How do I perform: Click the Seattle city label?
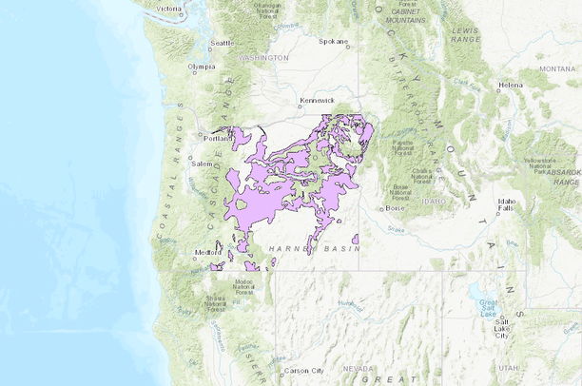click(x=223, y=43)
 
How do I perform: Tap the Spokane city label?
click(x=333, y=42)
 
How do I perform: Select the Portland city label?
click(x=218, y=138)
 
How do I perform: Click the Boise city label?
click(x=397, y=208)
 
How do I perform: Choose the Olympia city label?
click(x=202, y=67)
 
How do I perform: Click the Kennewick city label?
click(x=316, y=99)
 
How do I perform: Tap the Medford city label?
click(x=205, y=252)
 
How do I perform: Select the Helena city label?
click(x=511, y=86)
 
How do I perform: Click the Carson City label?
click(x=305, y=370)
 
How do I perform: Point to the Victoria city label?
click(x=169, y=9)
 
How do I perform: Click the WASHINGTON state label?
click(x=264, y=57)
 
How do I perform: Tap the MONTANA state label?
click(x=557, y=68)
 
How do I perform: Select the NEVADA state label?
click(x=359, y=368)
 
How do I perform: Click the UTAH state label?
click(x=509, y=367)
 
